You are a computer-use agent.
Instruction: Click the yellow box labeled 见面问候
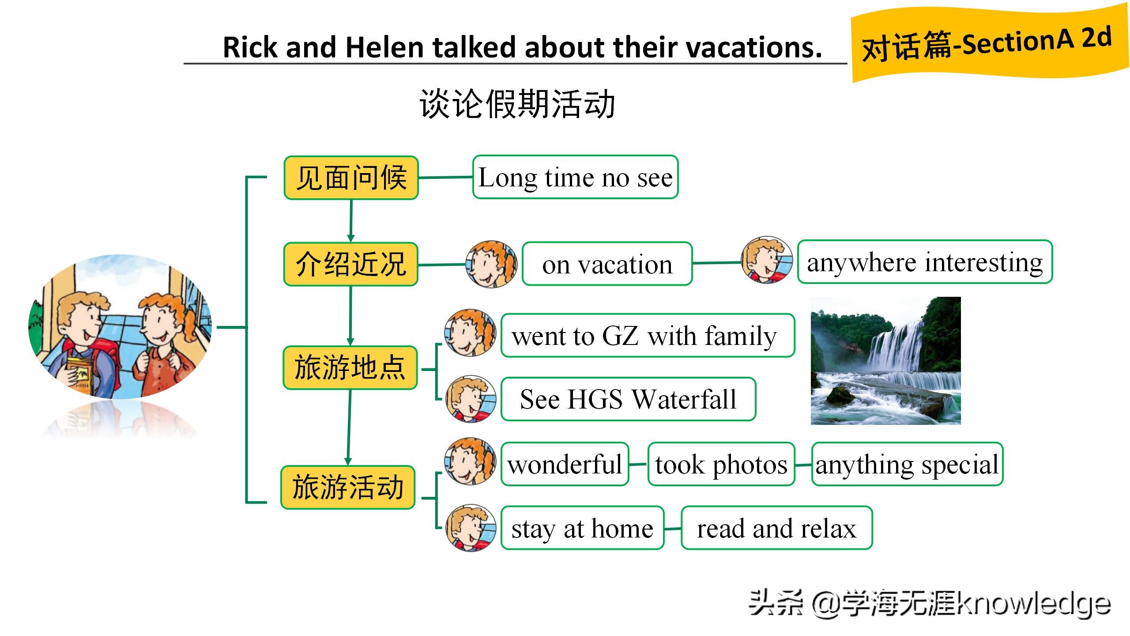pos(351,178)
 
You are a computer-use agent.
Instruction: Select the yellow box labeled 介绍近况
pos(351,264)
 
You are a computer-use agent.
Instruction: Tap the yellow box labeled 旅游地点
pos(350,367)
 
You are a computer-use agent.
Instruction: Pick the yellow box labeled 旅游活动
pos(348,487)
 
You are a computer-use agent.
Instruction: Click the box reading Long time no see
pos(575,177)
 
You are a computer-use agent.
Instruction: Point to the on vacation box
pos(607,264)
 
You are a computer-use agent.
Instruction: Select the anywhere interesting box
pos(925,261)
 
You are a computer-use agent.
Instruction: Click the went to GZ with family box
pos(648,335)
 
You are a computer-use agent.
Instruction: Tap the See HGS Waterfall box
pos(628,399)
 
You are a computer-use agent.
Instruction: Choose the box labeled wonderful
pos(565,464)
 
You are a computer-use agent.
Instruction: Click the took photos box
pos(721,464)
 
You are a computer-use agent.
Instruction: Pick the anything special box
pos(907,464)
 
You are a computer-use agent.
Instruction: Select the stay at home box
pos(582,528)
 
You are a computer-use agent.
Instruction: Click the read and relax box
pos(776,528)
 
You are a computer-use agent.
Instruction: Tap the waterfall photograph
pos(885,361)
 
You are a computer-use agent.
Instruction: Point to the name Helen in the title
pos(384,47)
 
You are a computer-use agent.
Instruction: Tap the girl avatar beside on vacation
pos(491,264)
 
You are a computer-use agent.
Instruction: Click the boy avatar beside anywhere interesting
pos(767,260)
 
